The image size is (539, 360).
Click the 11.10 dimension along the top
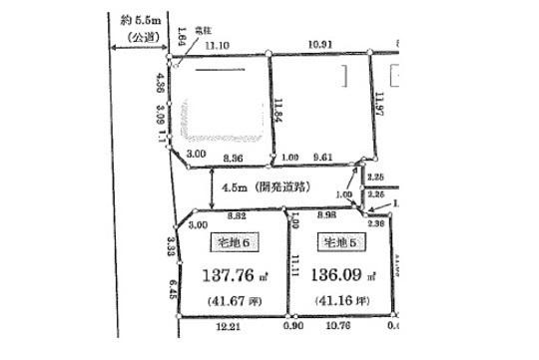[x=217, y=46]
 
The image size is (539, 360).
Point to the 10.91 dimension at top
[x=321, y=46]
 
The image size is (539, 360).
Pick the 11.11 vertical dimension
[x=295, y=262]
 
